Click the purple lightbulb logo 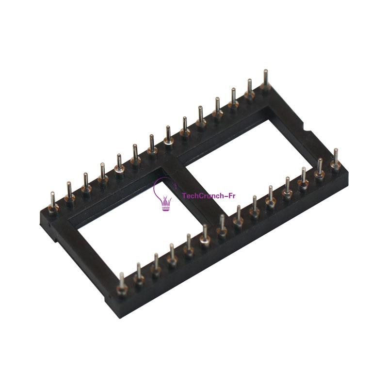point(163,194)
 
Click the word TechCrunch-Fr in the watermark point(209,196)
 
